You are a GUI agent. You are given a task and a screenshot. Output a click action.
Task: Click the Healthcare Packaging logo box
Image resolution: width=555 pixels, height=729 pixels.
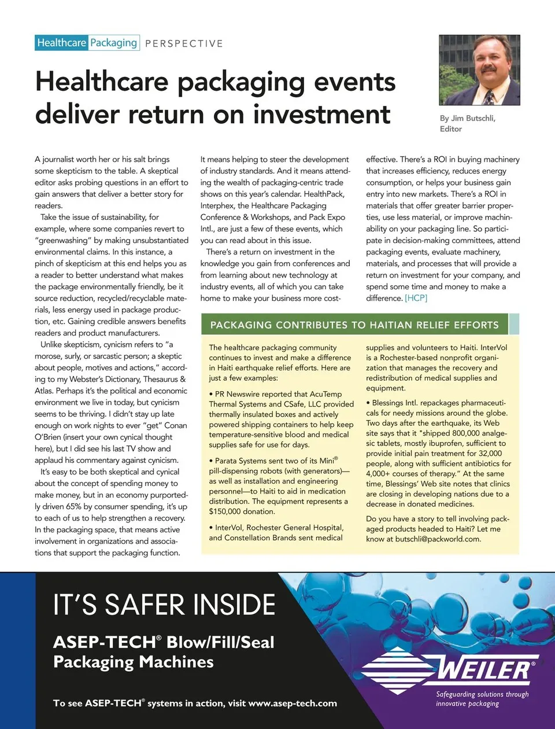click(x=87, y=43)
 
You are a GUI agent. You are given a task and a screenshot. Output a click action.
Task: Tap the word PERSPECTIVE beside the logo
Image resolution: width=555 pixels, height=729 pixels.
click(x=184, y=43)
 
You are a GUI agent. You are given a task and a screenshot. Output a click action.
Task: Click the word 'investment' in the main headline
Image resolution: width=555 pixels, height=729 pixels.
click(x=321, y=114)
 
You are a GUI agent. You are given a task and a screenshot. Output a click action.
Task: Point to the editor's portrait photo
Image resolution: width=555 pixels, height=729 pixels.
click(x=479, y=70)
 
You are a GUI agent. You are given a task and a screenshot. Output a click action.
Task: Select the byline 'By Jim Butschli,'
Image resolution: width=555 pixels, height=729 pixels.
click(x=467, y=118)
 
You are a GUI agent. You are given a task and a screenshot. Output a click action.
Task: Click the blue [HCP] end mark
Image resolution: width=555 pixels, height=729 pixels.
click(x=416, y=298)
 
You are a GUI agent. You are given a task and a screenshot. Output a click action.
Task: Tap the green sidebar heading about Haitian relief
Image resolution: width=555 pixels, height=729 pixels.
click(x=354, y=325)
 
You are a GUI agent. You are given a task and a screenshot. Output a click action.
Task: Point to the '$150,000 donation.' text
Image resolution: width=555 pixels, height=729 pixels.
click(x=242, y=511)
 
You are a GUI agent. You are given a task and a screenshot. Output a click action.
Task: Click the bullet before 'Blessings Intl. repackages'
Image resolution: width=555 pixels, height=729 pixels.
click(x=368, y=403)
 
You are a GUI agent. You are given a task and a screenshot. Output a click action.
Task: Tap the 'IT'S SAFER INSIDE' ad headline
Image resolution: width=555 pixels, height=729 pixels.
click(x=164, y=605)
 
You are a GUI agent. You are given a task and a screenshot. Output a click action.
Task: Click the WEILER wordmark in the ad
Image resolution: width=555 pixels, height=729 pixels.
click(x=484, y=669)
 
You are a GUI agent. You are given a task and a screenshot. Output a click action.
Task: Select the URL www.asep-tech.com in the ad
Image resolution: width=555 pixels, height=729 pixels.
click(x=292, y=704)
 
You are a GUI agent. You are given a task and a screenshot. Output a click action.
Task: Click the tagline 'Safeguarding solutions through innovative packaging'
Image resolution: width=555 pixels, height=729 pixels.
click(x=482, y=699)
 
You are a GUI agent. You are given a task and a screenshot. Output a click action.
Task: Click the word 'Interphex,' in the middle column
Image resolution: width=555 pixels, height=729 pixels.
click(x=217, y=205)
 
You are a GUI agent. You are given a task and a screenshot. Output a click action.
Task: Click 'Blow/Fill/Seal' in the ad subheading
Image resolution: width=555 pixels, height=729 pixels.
click(x=220, y=642)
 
